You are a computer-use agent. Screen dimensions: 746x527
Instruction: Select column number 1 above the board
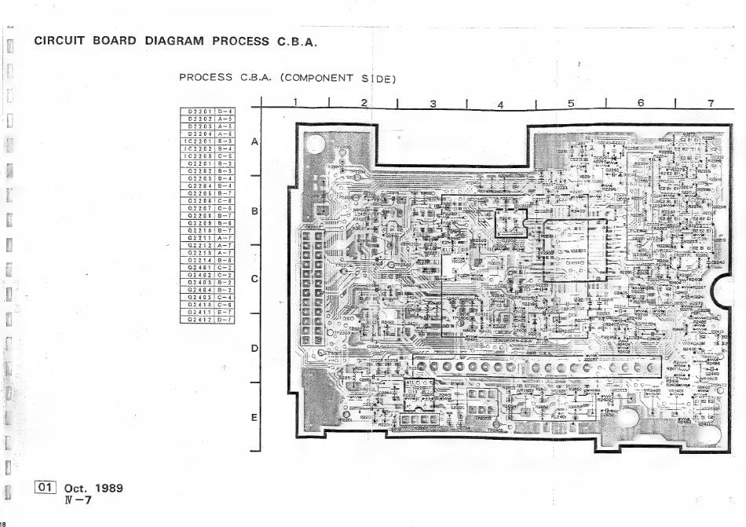click(x=295, y=102)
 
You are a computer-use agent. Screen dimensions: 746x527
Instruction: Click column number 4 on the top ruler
click(x=500, y=104)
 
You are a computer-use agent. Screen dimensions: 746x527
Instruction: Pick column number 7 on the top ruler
click(x=710, y=103)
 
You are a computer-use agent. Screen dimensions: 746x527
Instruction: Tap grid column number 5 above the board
click(x=571, y=103)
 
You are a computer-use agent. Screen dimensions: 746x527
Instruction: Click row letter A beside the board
click(x=254, y=142)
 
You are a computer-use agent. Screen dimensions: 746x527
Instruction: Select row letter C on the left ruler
click(x=254, y=279)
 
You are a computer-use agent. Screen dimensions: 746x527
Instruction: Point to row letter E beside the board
click(x=254, y=417)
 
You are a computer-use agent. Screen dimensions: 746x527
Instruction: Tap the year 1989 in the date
click(x=108, y=489)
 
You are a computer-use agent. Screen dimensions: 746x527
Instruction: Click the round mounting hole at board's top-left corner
click(x=315, y=145)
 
